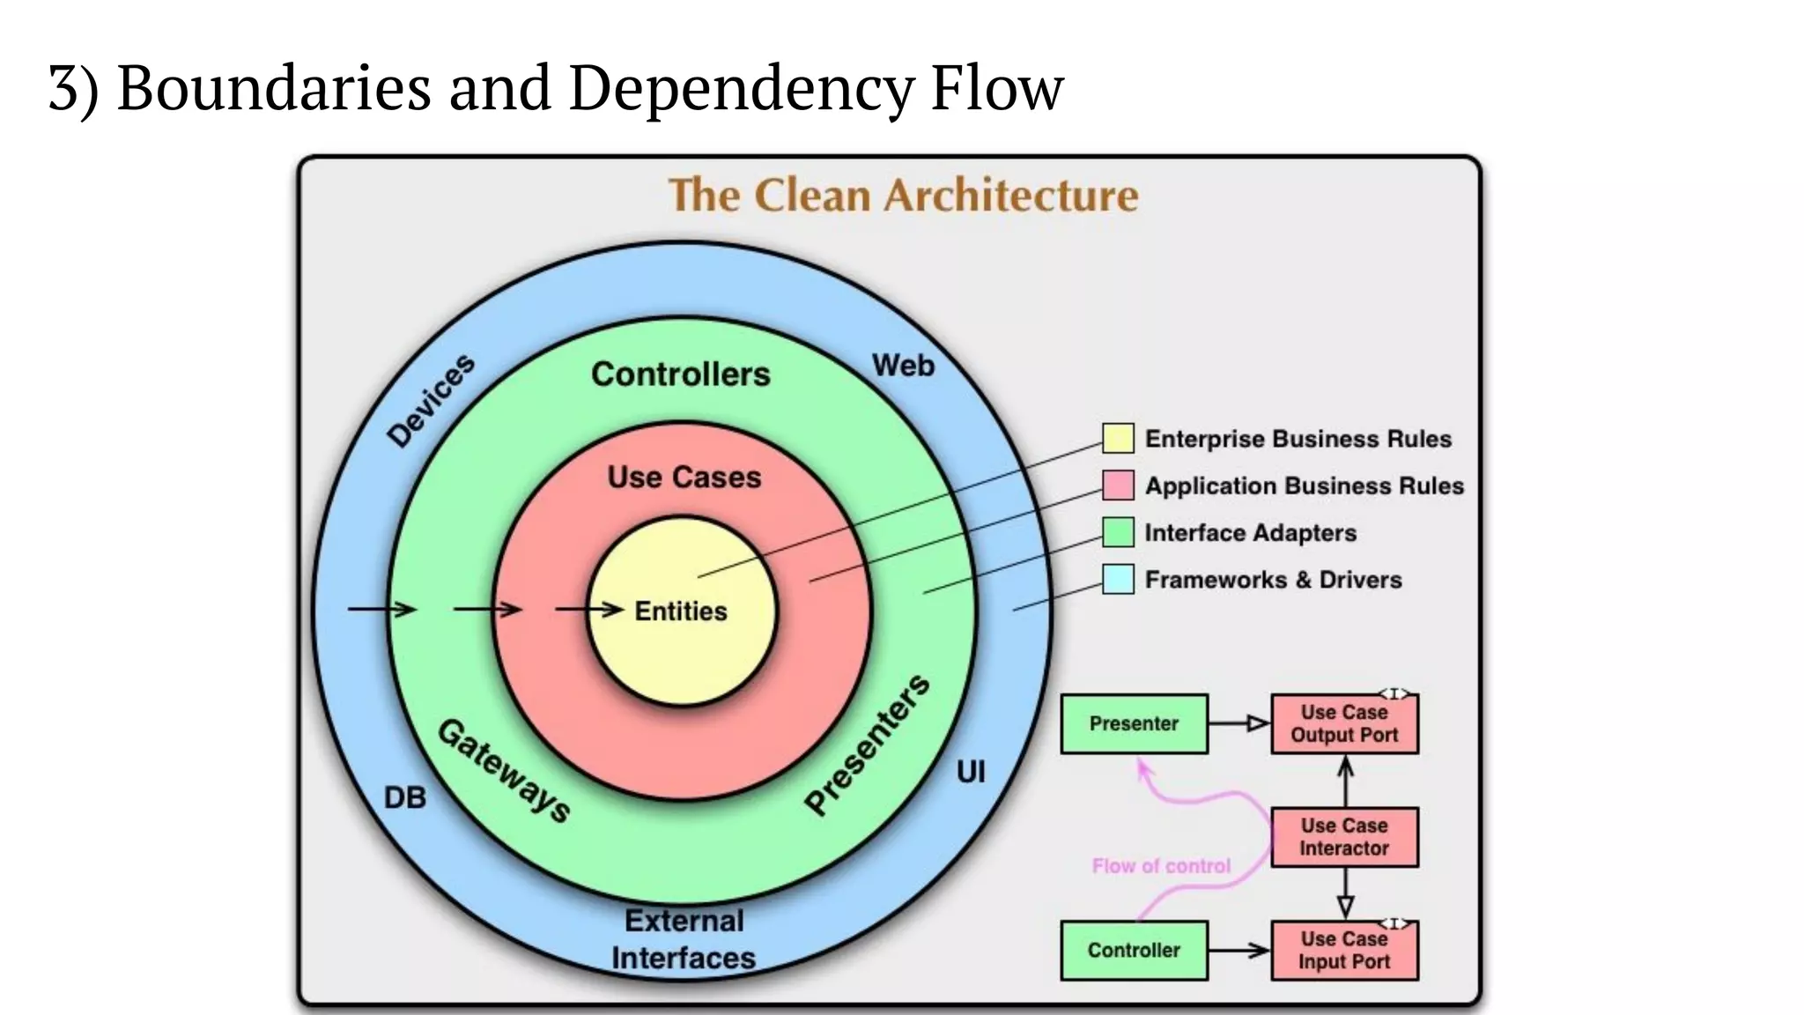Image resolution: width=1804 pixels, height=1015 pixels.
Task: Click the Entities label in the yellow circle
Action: pyautogui.click(x=680, y=611)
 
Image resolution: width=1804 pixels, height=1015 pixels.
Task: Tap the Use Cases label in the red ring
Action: pyautogui.click(x=684, y=477)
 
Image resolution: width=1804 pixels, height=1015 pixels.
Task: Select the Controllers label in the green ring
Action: pyautogui.click(x=680, y=374)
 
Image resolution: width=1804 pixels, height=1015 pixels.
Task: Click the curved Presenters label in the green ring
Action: pyautogui.click(x=868, y=745)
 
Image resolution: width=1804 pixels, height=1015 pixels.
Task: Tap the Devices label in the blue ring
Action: pyautogui.click(x=431, y=401)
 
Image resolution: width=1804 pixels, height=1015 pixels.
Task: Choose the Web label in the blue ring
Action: pyautogui.click(x=903, y=365)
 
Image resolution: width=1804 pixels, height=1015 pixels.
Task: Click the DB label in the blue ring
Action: pyautogui.click(x=404, y=797)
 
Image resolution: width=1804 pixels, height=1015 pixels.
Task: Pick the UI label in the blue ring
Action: pyautogui.click(x=970, y=772)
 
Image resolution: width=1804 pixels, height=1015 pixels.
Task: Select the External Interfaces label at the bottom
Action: pyautogui.click(x=684, y=939)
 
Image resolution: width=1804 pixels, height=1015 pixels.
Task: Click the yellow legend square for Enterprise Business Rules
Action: pyautogui.click(x=1118, y=438)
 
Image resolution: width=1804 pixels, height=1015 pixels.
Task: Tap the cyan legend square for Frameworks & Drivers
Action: pyautogui.click(x=1118, y=579)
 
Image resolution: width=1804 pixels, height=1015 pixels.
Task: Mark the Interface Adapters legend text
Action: pyautogui.click(x=1249, y=532)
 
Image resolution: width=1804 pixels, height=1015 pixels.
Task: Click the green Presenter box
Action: pyautogui.click(x=1134, y=723)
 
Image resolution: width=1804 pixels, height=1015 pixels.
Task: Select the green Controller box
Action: pyautogui.click(x=1134, y=950)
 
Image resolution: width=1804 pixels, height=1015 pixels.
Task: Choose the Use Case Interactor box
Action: pyautogui.click(x=1344, y=837)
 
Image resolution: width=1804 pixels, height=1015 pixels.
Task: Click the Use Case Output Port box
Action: pyautogui.click(x=1344, y=723)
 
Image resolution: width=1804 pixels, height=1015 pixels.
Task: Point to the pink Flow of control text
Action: pyautogui.click(x=1161, y=866)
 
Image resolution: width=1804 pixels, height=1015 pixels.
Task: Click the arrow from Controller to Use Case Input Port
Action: pyautogui.click(x=1238, y=950)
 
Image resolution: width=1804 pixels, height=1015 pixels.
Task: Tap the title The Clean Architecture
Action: pyautogui.click(x=903, y=195)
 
